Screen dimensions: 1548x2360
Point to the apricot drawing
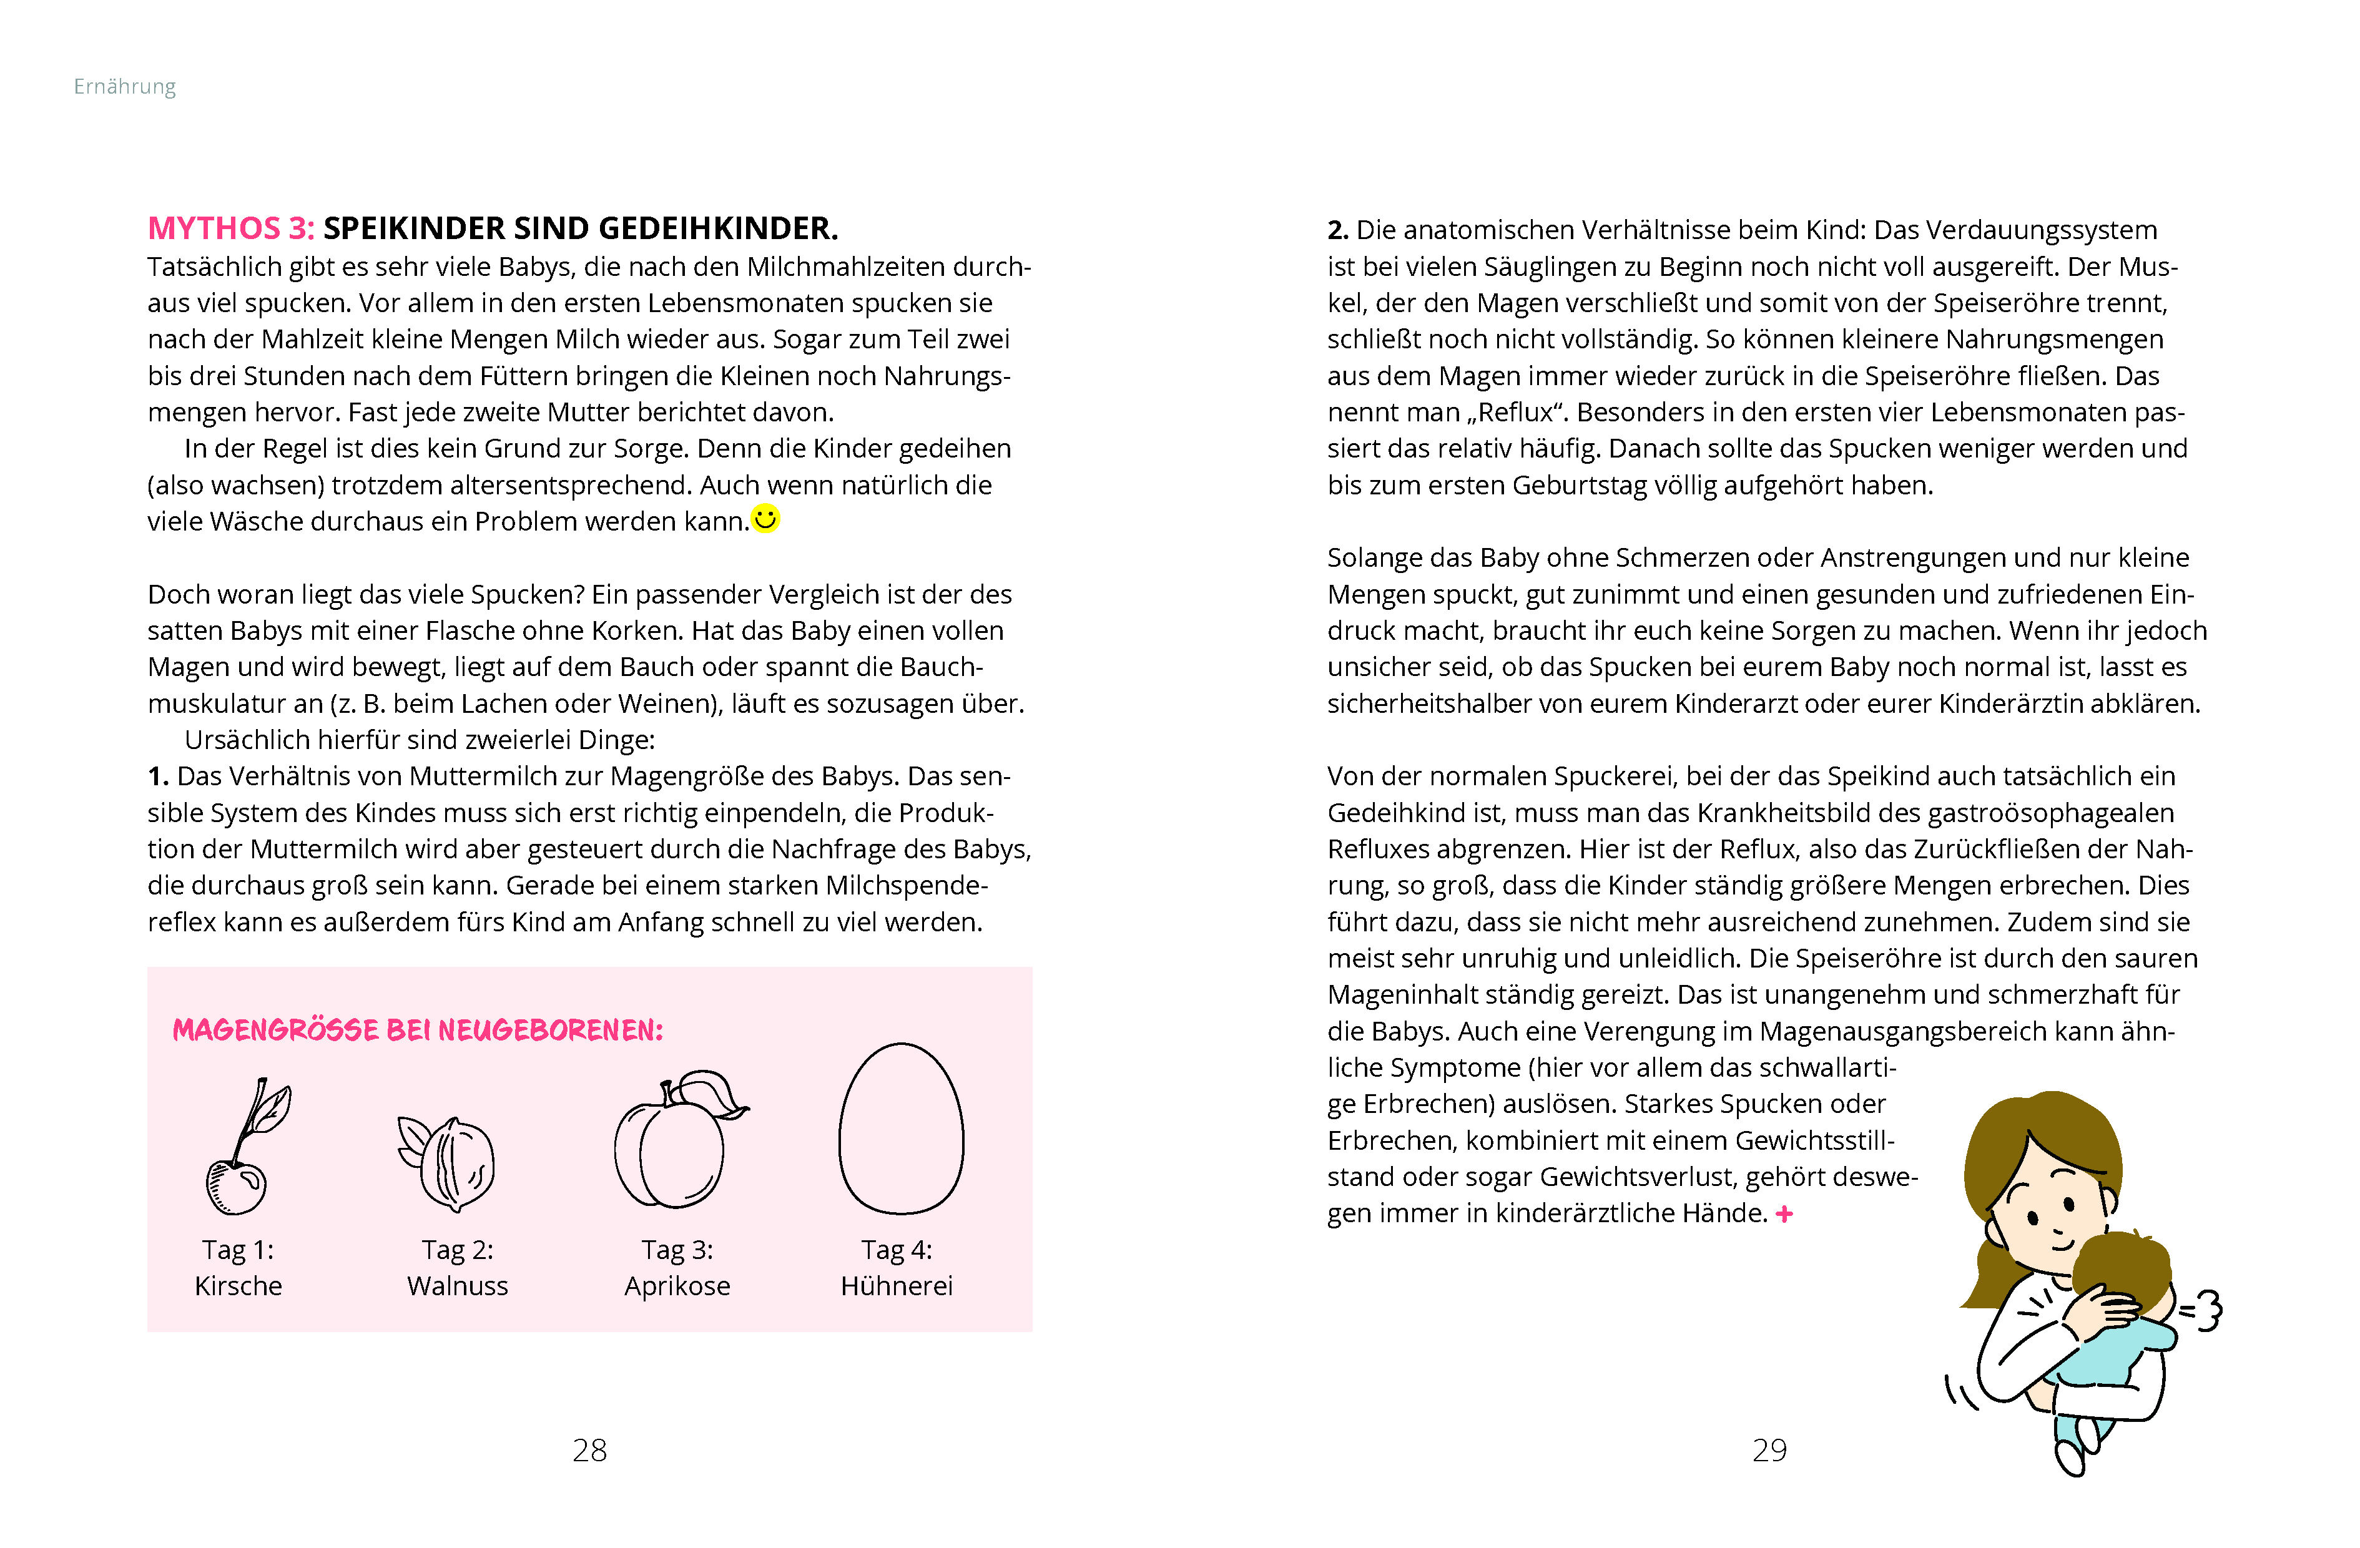click(674, 1145)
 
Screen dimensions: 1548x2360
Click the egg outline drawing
click(900, 1130)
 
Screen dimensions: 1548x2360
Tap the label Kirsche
click(238, 1286)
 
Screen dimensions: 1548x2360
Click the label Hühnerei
click(897, 1286)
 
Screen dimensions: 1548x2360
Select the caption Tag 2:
click(457, 1250)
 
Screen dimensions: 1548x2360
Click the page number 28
click(590, 1451)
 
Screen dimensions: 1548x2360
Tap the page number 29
click(1769, 1451)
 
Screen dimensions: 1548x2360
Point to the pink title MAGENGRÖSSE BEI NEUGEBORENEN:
click(418, 1031)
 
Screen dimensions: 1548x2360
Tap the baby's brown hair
click(2122, 1265)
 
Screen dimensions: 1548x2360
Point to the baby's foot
click(2070, 1456)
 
